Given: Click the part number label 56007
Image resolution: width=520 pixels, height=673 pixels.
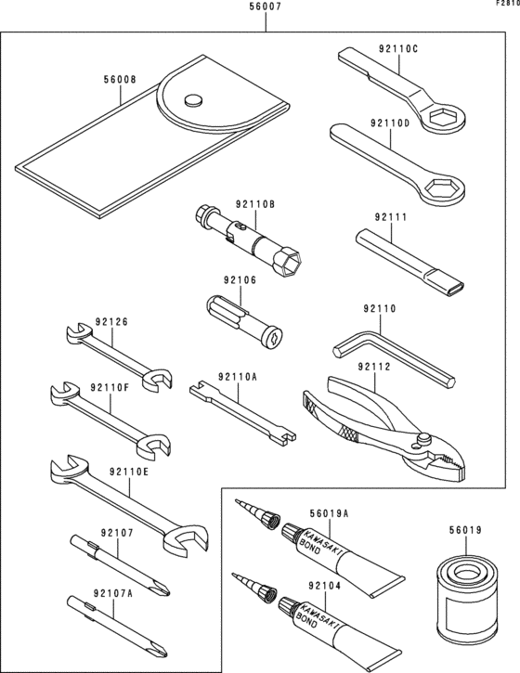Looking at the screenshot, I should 266,6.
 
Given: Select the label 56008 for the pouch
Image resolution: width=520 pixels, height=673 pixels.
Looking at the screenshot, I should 119,80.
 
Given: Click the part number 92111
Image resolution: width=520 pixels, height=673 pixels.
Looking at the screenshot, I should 391,217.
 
